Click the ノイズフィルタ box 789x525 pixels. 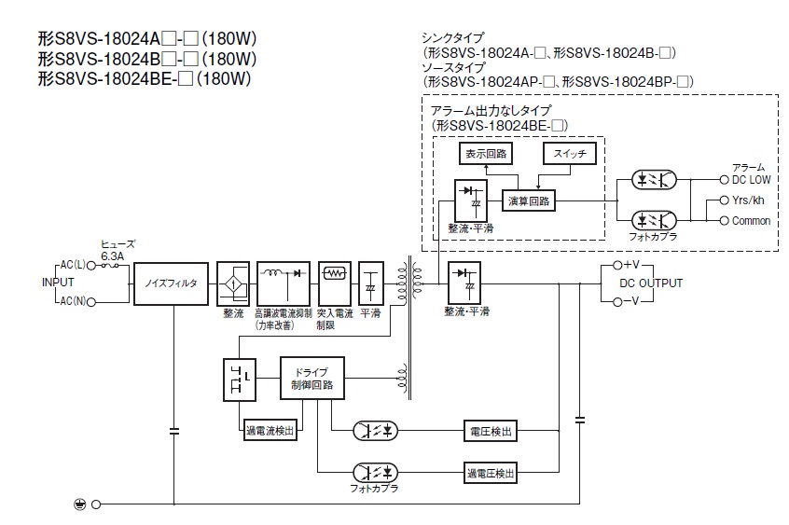pos(171,283)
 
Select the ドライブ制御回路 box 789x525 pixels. pos(312,378)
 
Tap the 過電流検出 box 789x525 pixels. pos(270,431)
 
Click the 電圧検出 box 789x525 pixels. pos(491,431)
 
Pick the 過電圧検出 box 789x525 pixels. pos(491,473)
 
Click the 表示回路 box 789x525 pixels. pos(486,154)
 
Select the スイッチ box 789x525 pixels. pos(570,154)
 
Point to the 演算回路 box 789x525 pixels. pos(529,200)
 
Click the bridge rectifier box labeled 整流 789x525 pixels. pos(233,283)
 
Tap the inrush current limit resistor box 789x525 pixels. pos(335,283)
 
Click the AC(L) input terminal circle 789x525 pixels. pos(91,265)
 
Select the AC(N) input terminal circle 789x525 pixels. pos(91,302)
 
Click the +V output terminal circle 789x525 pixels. pos(617,265)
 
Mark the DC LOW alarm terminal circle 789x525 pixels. pos(724,180)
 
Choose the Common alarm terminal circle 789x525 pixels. pos(724,220)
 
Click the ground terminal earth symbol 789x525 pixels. pos(80,504)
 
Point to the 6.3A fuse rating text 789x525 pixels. pos(112,256)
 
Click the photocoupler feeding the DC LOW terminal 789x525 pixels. pos(654,180)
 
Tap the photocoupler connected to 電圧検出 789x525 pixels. pos(375,431)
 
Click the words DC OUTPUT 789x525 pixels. pos(651,283)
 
